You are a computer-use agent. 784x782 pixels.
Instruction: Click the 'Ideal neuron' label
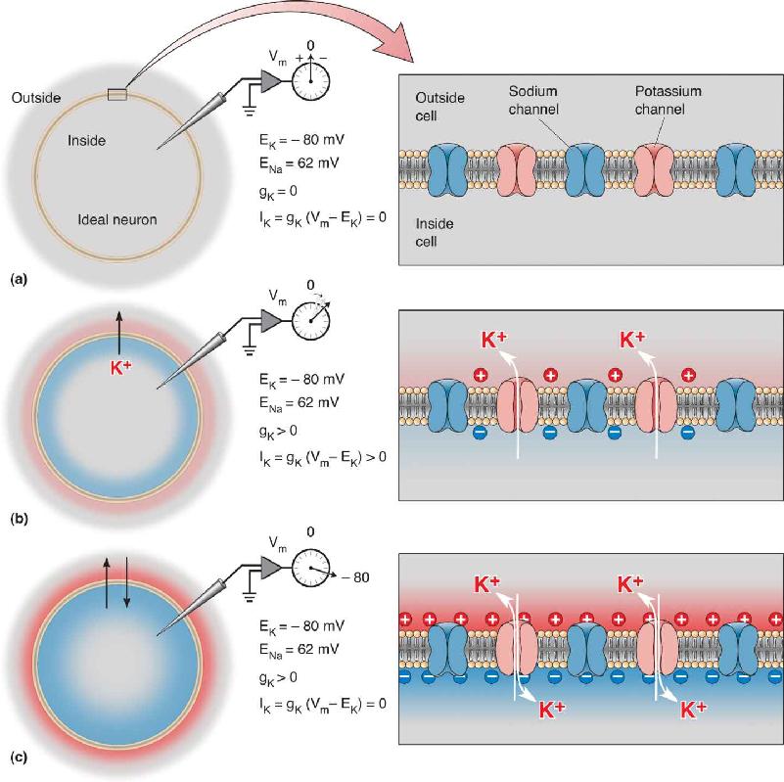[117, 219]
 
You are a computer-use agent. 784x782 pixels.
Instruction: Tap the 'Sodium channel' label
[533, 100]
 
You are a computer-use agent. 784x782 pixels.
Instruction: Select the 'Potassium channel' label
[668, 100]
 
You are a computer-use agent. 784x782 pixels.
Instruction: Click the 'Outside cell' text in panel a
[440, 107]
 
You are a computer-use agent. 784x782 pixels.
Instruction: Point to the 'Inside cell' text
[435, 233]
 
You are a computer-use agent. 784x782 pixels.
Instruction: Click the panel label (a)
[19, 280]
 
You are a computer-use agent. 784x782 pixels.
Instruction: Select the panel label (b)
[19, 519]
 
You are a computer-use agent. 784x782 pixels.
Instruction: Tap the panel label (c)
[19, 758]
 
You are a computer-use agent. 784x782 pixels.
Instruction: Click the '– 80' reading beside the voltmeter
[355, 577]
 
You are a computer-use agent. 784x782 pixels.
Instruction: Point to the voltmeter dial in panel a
[310, 80]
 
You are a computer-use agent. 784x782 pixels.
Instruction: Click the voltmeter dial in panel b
[310, 320]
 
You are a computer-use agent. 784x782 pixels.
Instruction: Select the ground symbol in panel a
[249, 111]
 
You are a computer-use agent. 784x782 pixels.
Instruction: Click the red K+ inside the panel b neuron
[120, 367]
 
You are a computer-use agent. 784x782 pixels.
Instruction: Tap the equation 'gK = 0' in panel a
[279, 192]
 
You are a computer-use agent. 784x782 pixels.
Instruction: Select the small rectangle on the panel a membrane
[117, 94]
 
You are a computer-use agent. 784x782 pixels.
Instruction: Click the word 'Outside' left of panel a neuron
[36, 98]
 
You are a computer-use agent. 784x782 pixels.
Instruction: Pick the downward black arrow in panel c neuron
[126, 583]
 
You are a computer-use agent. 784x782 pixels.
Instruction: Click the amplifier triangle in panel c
[271, 568]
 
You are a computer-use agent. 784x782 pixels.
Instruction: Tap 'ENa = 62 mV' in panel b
[299, 403]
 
